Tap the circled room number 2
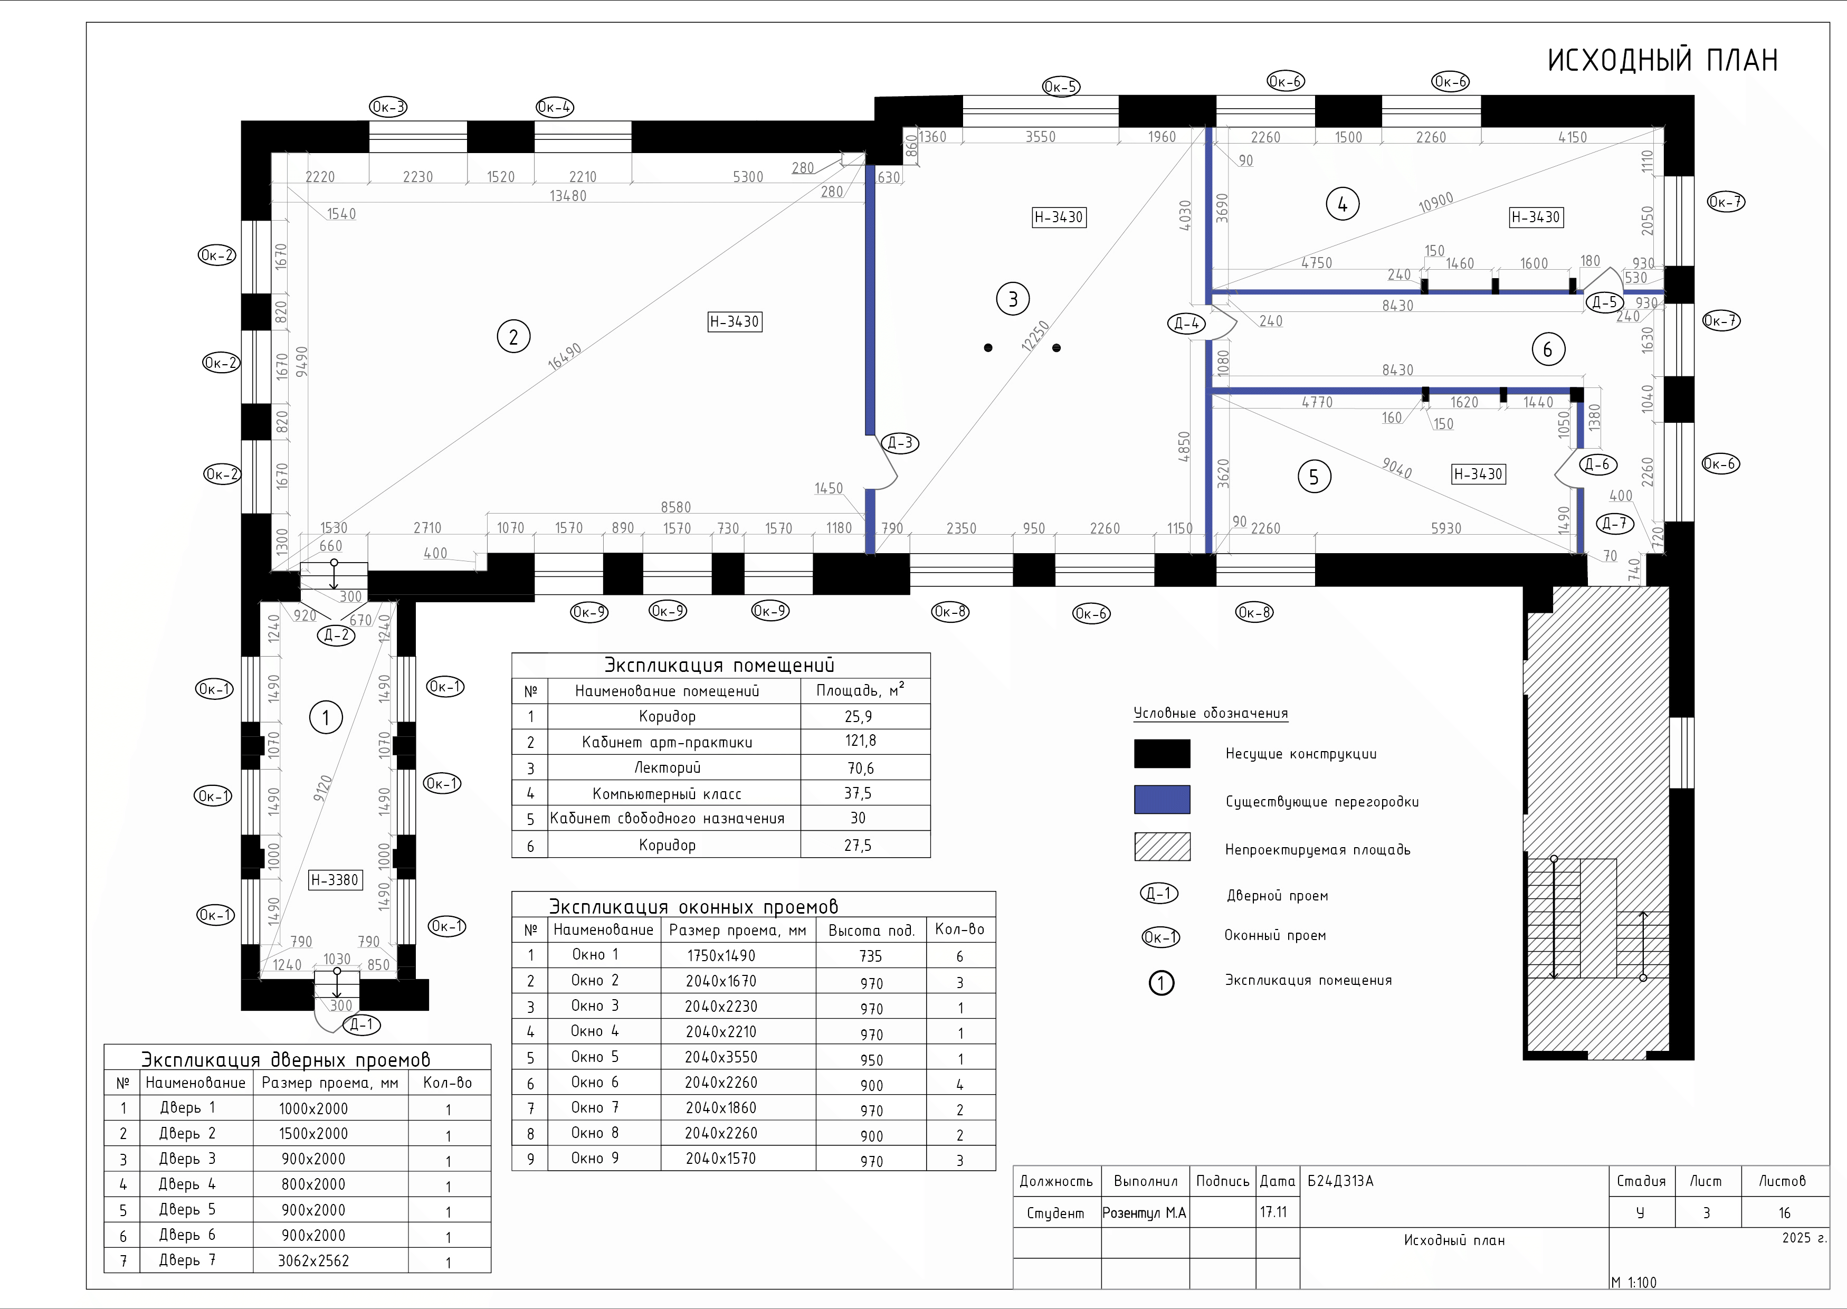513,336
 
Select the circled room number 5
1315,477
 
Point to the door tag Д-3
900,442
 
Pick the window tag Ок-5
1061,86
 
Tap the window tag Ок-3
388,107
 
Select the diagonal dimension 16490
564,356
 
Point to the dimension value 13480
568,196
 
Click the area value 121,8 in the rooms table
861,741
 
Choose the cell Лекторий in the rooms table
667,767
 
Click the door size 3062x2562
313,1260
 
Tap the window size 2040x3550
721,1057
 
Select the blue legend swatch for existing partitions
1162,800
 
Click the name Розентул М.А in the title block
1144,1213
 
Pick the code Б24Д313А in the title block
1340,1181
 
